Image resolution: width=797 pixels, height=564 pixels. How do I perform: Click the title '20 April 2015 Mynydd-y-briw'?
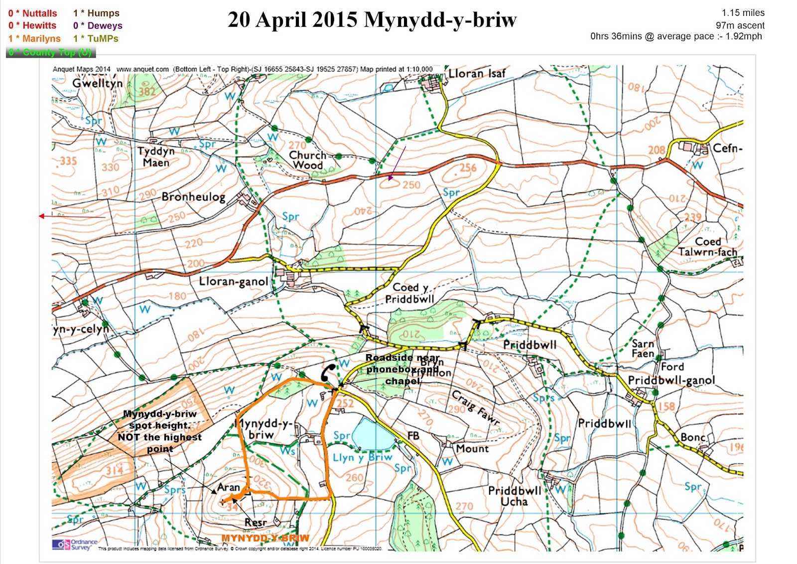click(x=372, y=20)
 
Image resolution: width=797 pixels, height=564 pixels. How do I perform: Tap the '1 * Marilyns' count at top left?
click(x=34, y=38)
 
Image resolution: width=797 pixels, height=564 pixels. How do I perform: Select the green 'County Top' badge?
click(x=50, y=52)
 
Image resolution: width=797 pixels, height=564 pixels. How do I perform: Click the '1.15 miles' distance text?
click(x=743, y=13)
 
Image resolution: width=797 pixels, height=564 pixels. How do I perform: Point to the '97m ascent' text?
click(x=740, y=25)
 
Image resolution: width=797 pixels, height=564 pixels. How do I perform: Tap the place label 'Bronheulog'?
click(x=193, y=197)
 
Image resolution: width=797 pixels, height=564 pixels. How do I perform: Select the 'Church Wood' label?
click(x=307, y=160)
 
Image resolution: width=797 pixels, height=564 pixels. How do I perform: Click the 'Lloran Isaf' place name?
click(x=477, y=74)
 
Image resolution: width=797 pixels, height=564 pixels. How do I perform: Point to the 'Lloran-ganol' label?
click(x=233, y=281)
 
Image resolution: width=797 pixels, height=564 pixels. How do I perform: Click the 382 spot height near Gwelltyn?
click(x=147, y=91)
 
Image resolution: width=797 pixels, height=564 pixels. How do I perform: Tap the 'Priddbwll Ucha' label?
click(x=515, y=496)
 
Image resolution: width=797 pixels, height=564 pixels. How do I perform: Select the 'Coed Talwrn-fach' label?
click(x=707, y=247)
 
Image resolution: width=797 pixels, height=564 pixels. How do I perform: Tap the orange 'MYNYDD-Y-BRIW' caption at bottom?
click(x=265, y=538)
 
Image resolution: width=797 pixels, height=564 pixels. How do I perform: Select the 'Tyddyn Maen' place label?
click(x=156, y=157)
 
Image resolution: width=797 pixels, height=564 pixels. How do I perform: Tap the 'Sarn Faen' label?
click(x=643, y=349)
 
